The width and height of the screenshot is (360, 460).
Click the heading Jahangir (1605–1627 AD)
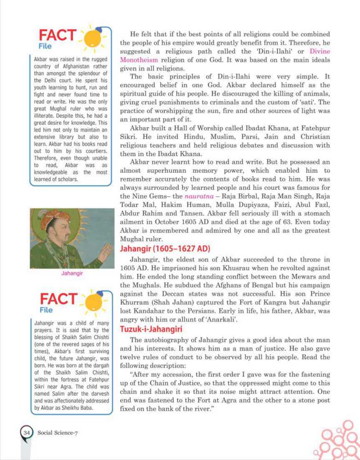165,249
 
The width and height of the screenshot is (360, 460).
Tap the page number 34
26,432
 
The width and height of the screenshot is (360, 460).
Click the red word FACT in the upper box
57,35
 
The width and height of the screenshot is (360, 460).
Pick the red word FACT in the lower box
58,299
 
